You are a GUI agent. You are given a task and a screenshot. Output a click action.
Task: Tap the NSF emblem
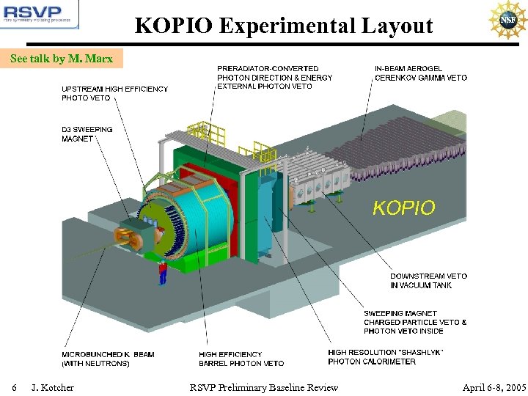pyautogui.click(x=507, y=21)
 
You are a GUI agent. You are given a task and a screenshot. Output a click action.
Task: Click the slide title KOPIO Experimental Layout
pyautogui.click(x=284, y=26)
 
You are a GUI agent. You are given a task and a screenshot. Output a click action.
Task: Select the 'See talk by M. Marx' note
pyautogui.click(x=62, y=59)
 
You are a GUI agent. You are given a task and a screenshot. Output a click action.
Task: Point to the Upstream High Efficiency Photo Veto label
pyautogui.click(x=114, y=93)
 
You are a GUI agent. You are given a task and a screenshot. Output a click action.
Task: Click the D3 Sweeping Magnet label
pyautogui.click(x=87, y=133)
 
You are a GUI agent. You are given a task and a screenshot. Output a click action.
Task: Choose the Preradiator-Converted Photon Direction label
pyautogui.click(x=274, y=77)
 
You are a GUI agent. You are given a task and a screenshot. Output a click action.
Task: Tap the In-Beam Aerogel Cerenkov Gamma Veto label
pyautogui.click(x=420, y=73)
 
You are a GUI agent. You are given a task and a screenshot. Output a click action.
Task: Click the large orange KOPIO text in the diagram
pyautogui.click(x=403, y=208)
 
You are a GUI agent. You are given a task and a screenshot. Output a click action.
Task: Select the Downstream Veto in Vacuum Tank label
pyautogui.click(x=428, y=280)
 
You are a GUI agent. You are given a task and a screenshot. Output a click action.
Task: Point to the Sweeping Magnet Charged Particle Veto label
pyautogui.click(x=415, y=322)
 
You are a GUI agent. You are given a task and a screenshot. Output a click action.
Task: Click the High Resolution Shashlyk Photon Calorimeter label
pyautogui.click(x=386, y=357)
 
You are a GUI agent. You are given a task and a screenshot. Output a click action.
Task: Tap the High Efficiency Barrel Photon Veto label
pyautogui.click(x=241, y=359)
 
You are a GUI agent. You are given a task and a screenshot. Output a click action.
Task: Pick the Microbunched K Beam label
pyautogui.click(x=108, y=359)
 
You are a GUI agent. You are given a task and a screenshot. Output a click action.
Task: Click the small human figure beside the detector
pyautogui.click(x=163, y=272)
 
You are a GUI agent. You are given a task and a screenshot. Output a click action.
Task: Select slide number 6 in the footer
pyautogui.click(x=14, y=386)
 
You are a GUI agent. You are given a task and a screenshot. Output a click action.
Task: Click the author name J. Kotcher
pyautogui.click(x=52, y=386)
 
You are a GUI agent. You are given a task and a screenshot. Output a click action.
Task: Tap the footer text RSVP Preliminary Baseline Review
pyautogui.click(x=264, y=386)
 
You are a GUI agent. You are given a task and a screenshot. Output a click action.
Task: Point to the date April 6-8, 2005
pyautogui.click(x=494, y=386)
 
